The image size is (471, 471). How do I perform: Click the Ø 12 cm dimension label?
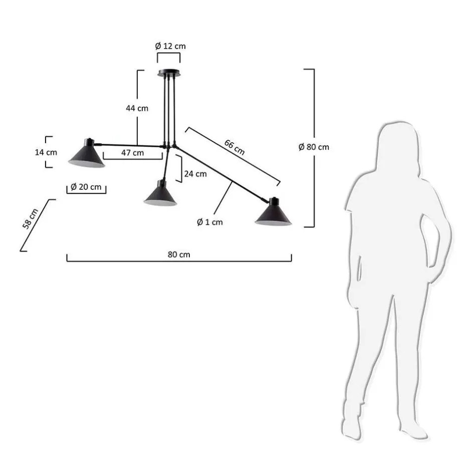(x=170, y=46)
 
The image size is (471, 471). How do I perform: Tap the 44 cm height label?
(x=137, y=108)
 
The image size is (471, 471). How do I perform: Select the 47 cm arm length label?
(x=132, y=153)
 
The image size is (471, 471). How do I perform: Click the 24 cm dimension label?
(x=195, y=174)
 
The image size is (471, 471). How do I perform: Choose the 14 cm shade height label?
(x=46, y=152)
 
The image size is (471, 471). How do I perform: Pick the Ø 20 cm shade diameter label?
(x=86, y=187)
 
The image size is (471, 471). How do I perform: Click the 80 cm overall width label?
(x=179, y=255)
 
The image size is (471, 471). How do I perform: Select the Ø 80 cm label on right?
(x=314, y=147)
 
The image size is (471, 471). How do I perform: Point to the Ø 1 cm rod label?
(x=209, y=221)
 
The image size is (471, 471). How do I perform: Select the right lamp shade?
(x=274, y=214)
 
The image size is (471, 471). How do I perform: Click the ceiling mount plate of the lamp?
(x=168, y=74)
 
